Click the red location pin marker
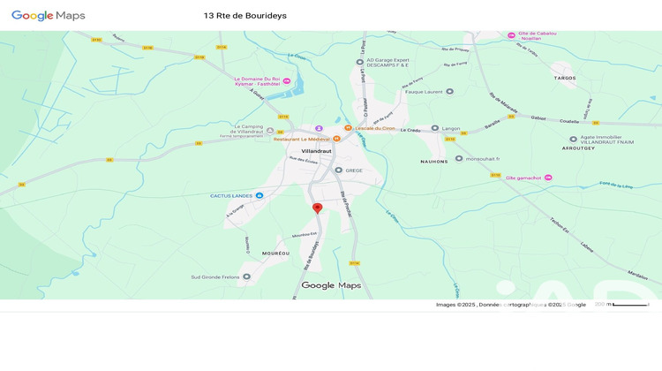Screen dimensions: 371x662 (318, 208)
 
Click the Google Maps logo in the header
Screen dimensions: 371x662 (49, 16)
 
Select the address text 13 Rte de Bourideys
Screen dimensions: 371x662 (244, 16)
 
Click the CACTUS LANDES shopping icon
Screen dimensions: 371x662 (259, 195)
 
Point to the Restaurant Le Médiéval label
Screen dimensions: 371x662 (301, 139)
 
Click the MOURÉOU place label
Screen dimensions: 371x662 (275, 254)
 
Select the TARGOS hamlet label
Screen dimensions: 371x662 (564, 78)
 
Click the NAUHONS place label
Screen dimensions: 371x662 (434, 162)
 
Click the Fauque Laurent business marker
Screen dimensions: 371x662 (449, 91)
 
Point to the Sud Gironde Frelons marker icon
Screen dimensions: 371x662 (246, 276)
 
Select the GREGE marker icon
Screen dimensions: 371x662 (338, 170)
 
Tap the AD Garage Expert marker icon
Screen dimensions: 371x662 (360, 62)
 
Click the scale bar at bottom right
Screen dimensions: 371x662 (629, 305)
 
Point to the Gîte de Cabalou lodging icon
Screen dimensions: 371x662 (511, 35)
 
